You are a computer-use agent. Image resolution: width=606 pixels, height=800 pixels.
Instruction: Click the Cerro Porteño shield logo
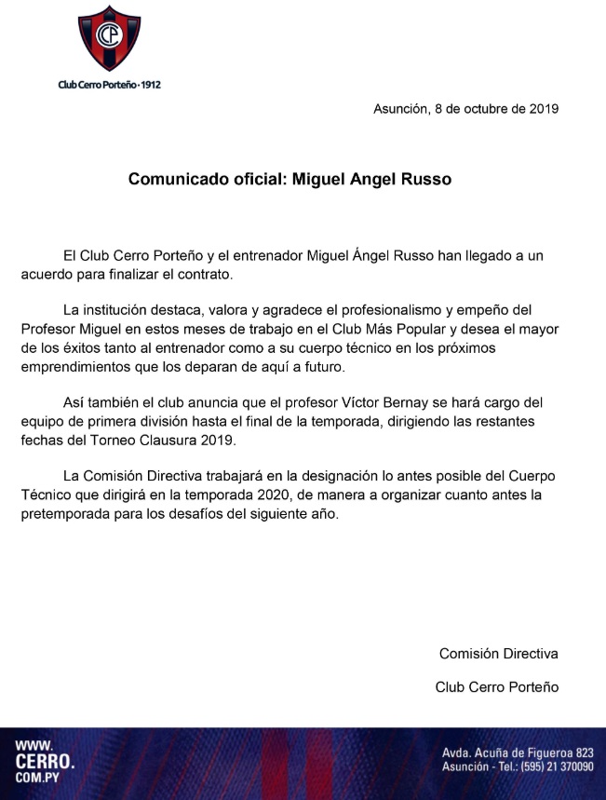[x=109, y=38]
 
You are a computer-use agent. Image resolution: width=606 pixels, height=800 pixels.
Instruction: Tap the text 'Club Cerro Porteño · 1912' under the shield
[x=109, y=85]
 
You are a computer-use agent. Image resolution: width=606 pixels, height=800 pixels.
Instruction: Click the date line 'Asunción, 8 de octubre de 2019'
[x=465, y=109]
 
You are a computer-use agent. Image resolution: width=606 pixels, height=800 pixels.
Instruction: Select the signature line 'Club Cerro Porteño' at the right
[x=496, y=687]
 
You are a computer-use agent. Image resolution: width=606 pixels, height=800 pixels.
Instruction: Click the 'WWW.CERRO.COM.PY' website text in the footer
[x=44, y=763]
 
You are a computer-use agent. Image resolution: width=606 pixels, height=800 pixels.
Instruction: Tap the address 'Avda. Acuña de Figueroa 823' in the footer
[x=517, y=753]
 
